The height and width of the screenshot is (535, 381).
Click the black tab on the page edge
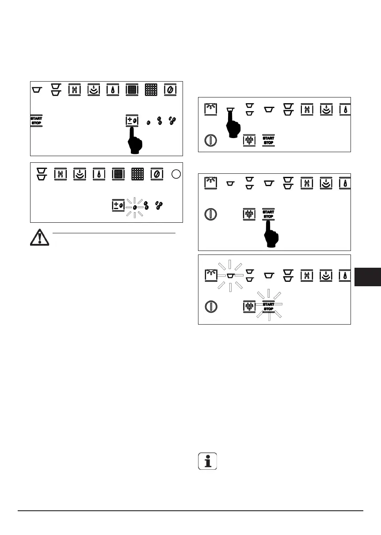coord(367,277)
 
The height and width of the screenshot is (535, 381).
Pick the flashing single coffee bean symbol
coord(134,206)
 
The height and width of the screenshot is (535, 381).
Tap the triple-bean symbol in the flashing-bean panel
coord(158,206)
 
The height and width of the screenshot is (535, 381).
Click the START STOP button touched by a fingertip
coord(268,213)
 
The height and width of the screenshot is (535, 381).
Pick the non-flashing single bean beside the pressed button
coord(149,121)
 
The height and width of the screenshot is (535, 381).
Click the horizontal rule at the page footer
coord(190,511)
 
